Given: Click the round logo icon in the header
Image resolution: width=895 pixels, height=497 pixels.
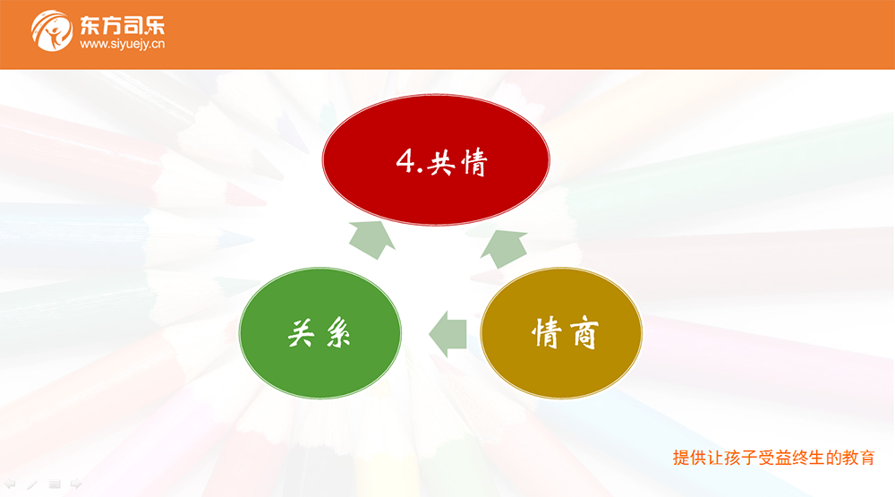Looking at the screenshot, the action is click(51, 30).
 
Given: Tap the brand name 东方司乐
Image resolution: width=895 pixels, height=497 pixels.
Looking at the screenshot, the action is click(122, 26).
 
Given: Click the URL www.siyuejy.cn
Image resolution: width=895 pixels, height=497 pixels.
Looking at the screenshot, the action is click(122, 44).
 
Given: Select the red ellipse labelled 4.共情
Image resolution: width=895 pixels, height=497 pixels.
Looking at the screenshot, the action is click(436, 160).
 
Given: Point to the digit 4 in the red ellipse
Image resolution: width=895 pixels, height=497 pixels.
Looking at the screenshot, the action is click(405, 160).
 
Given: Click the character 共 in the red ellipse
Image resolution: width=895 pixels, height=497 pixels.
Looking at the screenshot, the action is click(442, 164).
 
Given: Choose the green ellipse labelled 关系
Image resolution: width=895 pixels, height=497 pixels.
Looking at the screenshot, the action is click(320, 333).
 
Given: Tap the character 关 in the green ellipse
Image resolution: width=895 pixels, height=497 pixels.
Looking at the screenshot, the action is click(301, 333).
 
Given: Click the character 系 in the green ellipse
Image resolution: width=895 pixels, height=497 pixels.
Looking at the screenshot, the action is click(338, 334).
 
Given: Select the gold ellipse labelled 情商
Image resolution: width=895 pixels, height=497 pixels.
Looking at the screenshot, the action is click(561, 333).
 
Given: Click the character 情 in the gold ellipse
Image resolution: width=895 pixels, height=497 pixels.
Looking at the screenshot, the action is click(546, 332).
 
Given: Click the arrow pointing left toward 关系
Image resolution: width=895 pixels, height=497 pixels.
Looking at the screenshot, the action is click(448, 334).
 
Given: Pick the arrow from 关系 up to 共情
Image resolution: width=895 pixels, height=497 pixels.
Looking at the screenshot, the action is click(372, 240).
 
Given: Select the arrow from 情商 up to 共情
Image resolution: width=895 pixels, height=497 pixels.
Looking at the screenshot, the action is click(503, 249).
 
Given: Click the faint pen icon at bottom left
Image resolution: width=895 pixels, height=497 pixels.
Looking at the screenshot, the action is click(32, 484).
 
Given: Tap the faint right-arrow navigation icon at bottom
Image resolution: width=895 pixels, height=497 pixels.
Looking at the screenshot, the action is click(76, 484).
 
